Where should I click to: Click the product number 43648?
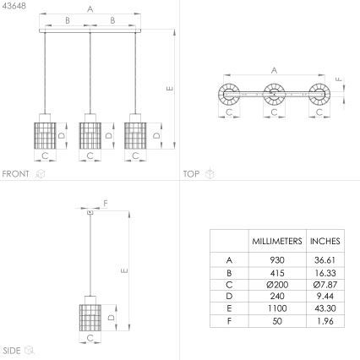tap(14, 6)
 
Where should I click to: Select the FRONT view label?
tap(16, 174)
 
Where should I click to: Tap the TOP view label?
tap(191, 174)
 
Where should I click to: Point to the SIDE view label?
tap(12, 350)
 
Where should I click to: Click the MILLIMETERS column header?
tap(277, 242)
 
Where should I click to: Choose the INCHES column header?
tap(325, 242)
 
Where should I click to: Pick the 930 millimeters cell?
tap(277, 261)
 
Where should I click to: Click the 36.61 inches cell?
tap(325, 261)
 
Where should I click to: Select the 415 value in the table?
tap(277, 273)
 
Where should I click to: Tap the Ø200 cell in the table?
tap(277, 286)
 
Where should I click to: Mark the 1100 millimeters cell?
tap(277, 310)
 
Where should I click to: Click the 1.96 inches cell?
tap(325, 322)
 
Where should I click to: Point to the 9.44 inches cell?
tap(325, 297)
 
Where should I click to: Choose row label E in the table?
tap(229, 310)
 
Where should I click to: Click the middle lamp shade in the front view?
tap(90, 135)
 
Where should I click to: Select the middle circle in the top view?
tap(273, 94)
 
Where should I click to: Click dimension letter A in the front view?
tap(90, 9)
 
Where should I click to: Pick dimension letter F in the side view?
tap(106, 203)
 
